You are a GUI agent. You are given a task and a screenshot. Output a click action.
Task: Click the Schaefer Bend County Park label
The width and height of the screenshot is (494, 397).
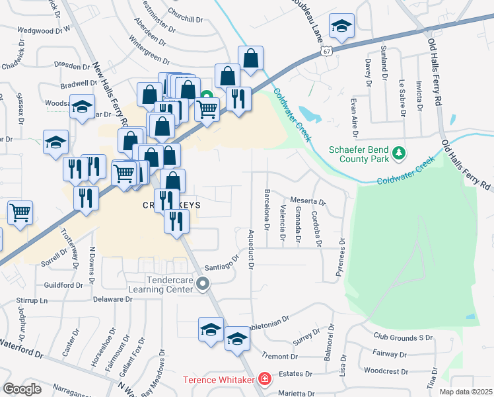click(x=358, y=154)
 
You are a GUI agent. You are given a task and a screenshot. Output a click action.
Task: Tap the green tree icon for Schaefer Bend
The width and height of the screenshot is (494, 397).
click(x=398, y=154)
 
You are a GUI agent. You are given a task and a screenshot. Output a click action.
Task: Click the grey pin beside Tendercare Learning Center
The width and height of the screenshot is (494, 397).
click(x=203, y=285)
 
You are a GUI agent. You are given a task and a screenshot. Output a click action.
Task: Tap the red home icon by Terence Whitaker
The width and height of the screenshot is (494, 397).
click(x=265, y=379)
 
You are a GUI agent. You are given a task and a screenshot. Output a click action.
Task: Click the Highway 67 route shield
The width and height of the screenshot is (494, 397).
click(x=325, y=50)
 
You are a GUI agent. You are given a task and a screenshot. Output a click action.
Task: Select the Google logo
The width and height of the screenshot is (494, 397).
click(x=22, y=389)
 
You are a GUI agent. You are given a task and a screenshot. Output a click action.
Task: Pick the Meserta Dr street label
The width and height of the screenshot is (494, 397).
click(x=308, y=201)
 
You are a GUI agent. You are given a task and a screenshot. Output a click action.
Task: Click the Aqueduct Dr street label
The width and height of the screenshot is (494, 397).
click(x=251, y=253)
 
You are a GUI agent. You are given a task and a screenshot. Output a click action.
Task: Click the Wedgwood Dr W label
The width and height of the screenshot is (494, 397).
click(x=44, y=30)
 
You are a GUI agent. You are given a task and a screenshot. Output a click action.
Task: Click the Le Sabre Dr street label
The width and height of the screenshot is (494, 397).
click(x=402, y=95)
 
